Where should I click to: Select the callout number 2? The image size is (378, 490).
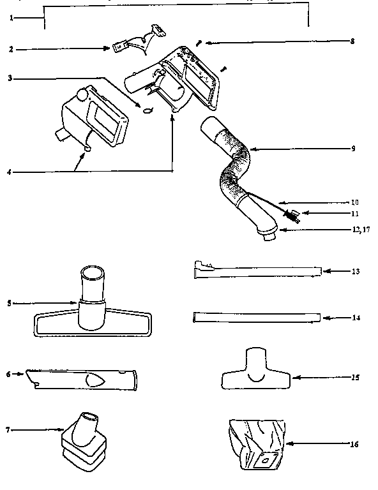11,48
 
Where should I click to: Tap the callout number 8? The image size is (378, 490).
352,41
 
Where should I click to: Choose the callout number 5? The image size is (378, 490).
9,303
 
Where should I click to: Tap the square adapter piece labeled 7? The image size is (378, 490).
82,440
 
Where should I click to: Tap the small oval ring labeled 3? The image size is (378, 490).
148,110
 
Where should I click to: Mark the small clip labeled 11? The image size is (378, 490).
292,217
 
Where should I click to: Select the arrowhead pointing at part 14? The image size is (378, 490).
324,316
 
